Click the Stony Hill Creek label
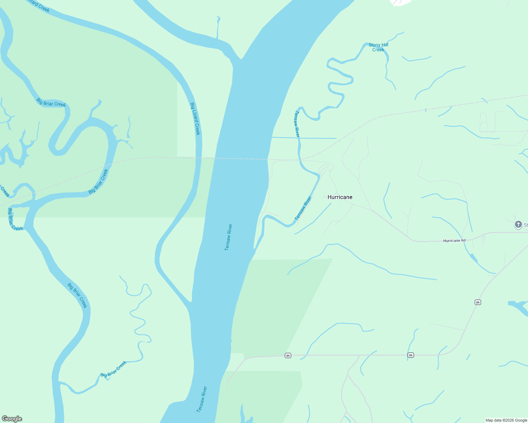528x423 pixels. (378, 47)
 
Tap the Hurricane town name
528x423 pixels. (340, 197)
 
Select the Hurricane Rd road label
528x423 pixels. (454, 240)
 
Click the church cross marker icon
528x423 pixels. (518, 224)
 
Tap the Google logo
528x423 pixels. (12, 419)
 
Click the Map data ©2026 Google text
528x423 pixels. (506, 420)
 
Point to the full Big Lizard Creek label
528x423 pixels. (195, 119)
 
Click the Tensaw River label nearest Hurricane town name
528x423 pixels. (303, 208)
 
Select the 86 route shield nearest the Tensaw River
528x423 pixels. (288, 356)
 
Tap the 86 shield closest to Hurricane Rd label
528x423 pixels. (478, 302)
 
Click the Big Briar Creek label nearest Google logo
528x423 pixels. (114, 369)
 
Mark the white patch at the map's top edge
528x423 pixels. (401, 2)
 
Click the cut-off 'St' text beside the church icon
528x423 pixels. (526, 225)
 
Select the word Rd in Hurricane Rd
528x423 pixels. (463, 240)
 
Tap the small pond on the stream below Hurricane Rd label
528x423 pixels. (473, 258)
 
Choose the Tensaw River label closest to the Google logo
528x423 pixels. (202, 399)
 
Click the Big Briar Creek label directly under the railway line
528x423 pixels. (98, 182)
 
